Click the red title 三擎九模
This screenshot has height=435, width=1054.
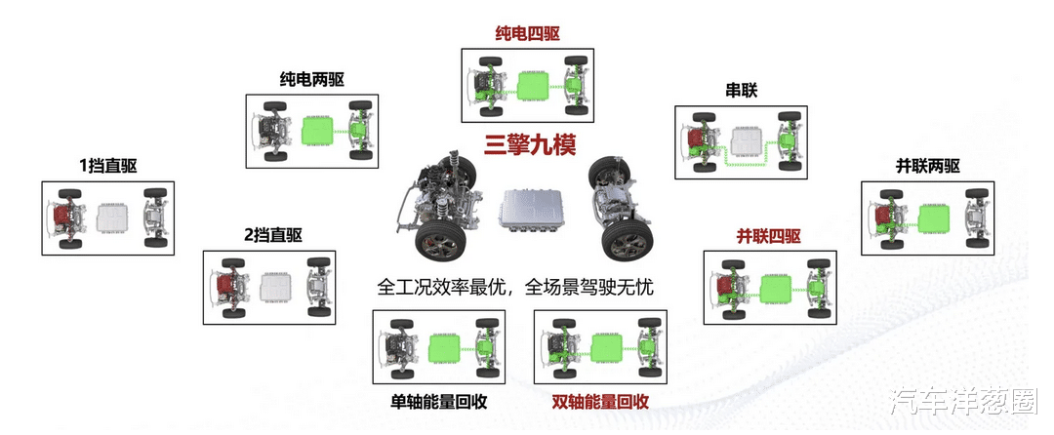pos(531,145)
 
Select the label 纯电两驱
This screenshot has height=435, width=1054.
pos(312,79)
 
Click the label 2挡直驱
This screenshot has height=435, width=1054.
pos(273,235)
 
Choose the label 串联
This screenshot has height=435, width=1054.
pos(741,91)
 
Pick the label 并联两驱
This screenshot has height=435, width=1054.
pos(928,166)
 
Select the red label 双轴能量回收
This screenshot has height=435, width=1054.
pos(600,402)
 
